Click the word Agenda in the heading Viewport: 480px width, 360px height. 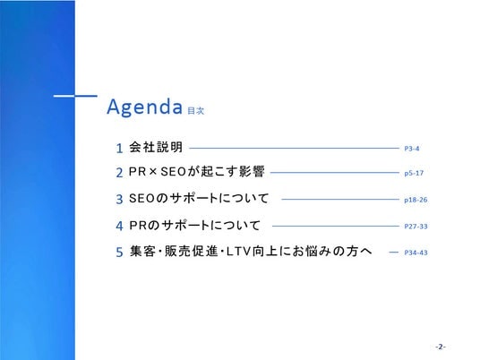[x=145, y=107]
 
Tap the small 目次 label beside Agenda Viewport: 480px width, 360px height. [x=196, y=110]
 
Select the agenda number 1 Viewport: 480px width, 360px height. [x=119, y=149]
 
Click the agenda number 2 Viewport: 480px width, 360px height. [x=119, y=173]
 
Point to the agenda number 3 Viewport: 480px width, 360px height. [x=119, y=200]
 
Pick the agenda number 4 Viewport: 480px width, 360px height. [x=119, y=226]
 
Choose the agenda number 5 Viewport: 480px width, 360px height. [x=119, y=253]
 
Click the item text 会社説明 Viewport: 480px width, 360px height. [x=156, y=147]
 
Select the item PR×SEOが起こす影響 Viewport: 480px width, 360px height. [x=196, y=171]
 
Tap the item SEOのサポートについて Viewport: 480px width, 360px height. [x=199, y=199]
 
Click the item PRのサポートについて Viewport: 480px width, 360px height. [x=194, y=226]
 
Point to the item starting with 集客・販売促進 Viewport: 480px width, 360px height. [x=251, y=252]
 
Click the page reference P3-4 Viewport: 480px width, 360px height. [x=412, y=149]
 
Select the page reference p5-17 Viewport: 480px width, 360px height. [x=414, y=173]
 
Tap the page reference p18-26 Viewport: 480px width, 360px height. [x=416, y=200]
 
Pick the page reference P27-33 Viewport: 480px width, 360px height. [x=416, y=227]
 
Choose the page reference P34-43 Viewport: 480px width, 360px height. [x=416, y=253]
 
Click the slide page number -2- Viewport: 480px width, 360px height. [x=441, y=347]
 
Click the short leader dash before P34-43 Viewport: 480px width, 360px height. [x=393, y=253]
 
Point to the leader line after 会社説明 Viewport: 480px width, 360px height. [x=295, y=148]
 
